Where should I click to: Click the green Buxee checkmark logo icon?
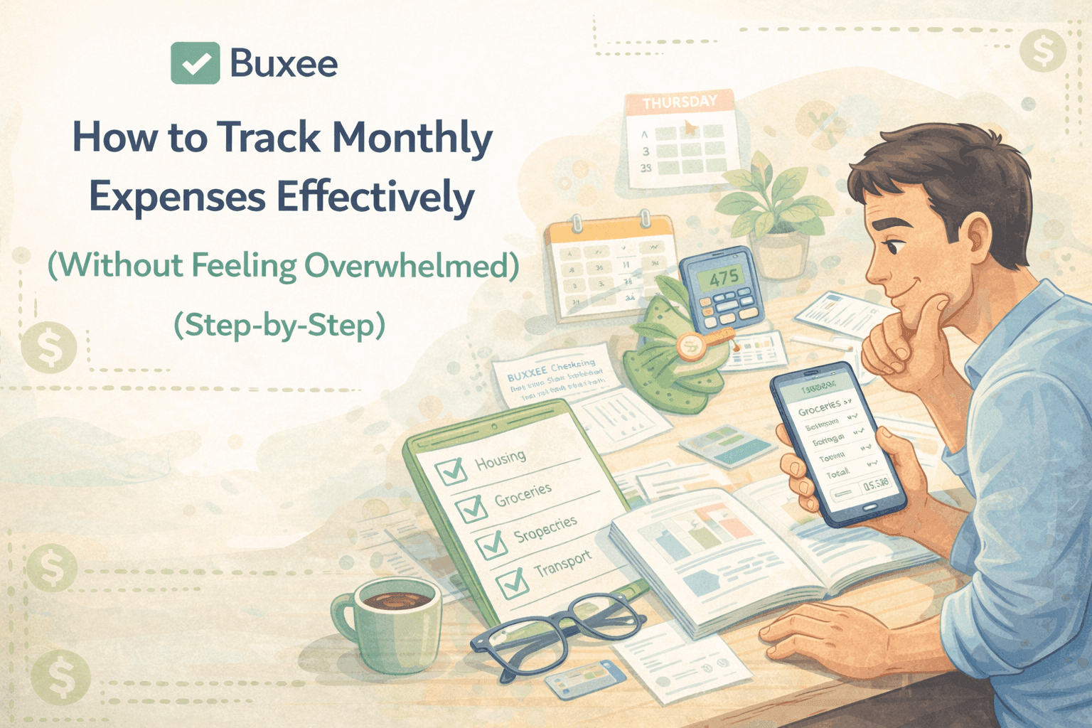tap(195, 63)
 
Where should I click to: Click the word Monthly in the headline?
tap(412, 137)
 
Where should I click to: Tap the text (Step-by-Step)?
tap(279, 325)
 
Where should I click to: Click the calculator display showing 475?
tap(722, 277)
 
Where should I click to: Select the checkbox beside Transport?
tap(513, 584)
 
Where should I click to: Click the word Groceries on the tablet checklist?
tap(523, 494)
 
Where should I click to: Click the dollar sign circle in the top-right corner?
tap(1042, 51)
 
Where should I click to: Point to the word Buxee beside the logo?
tap(284, 64)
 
